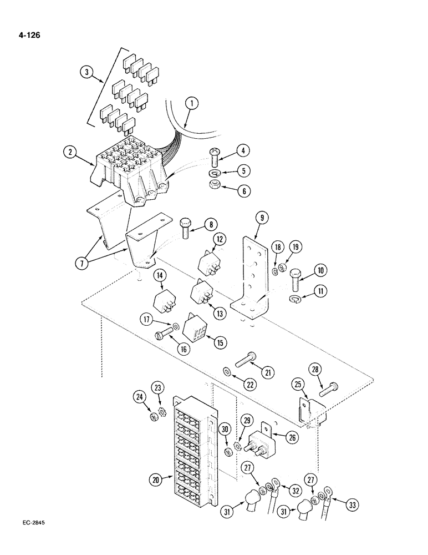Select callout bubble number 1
191,103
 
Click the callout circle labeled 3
85,72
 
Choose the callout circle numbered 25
299,385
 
